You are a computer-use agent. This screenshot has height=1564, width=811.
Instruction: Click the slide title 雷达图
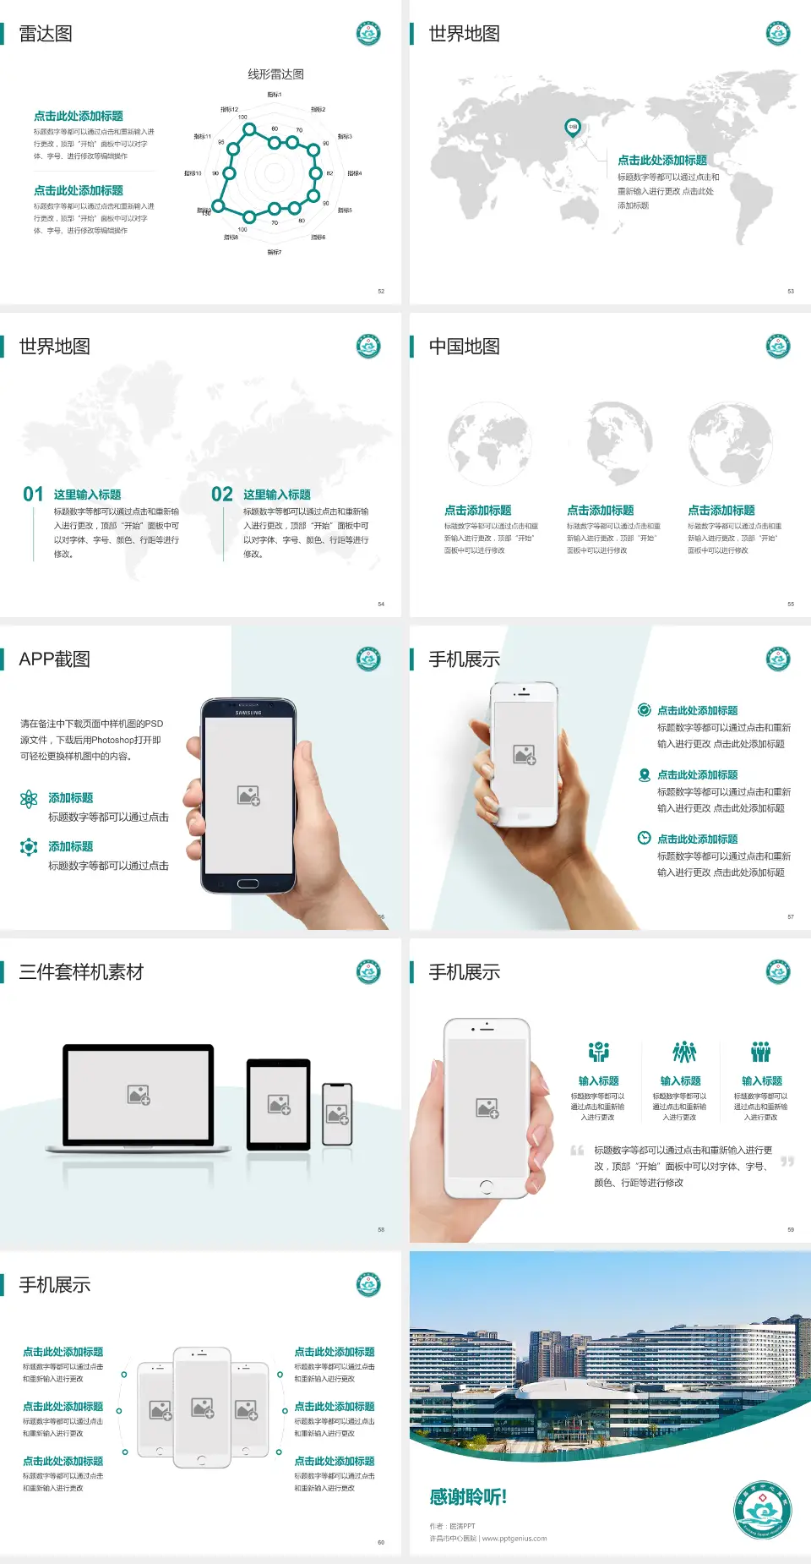point(46,34)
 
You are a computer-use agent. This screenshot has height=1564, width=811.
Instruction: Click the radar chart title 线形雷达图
point(275,74)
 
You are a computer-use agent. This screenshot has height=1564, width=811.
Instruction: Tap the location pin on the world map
point(572,128)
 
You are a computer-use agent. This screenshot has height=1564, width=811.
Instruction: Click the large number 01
point(33,495)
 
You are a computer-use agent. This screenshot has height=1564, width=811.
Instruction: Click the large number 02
point(222,495)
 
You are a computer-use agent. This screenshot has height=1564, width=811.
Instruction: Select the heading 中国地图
point(464,347)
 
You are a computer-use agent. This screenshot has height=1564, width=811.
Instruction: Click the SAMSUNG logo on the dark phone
point(248,713)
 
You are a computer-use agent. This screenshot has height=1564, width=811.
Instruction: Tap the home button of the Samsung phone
point(248,883)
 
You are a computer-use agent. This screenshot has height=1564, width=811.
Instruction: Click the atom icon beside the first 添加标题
point(29,799)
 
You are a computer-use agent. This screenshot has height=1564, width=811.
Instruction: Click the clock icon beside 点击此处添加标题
point(644,838)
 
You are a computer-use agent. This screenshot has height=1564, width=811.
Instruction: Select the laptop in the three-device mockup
point(139,1097)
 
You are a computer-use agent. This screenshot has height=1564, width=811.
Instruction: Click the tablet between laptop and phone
point(279,1104)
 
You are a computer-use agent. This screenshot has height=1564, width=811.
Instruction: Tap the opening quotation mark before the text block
point(577,1151)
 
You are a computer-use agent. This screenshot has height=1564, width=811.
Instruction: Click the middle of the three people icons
point(683,1052)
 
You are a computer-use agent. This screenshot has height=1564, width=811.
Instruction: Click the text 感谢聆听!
point(468,1497)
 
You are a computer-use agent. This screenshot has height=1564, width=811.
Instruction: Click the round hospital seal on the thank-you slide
point(762,1510)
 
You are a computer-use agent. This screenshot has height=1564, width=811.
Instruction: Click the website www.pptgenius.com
point(514,1539)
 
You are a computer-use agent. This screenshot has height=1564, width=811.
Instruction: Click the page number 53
point(791,291)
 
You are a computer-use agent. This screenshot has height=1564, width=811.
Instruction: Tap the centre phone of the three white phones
point(202,1407)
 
